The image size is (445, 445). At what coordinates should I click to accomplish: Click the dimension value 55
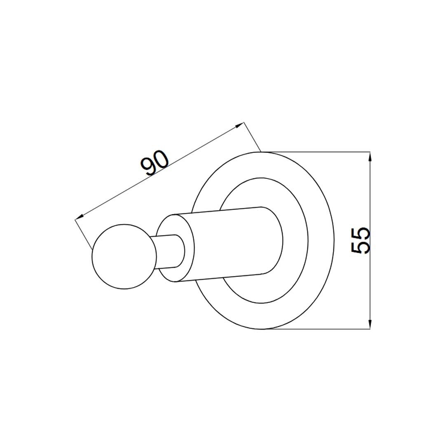361,240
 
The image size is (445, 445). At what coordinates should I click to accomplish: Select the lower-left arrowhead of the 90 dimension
80,217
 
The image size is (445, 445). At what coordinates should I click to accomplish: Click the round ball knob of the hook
124,257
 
